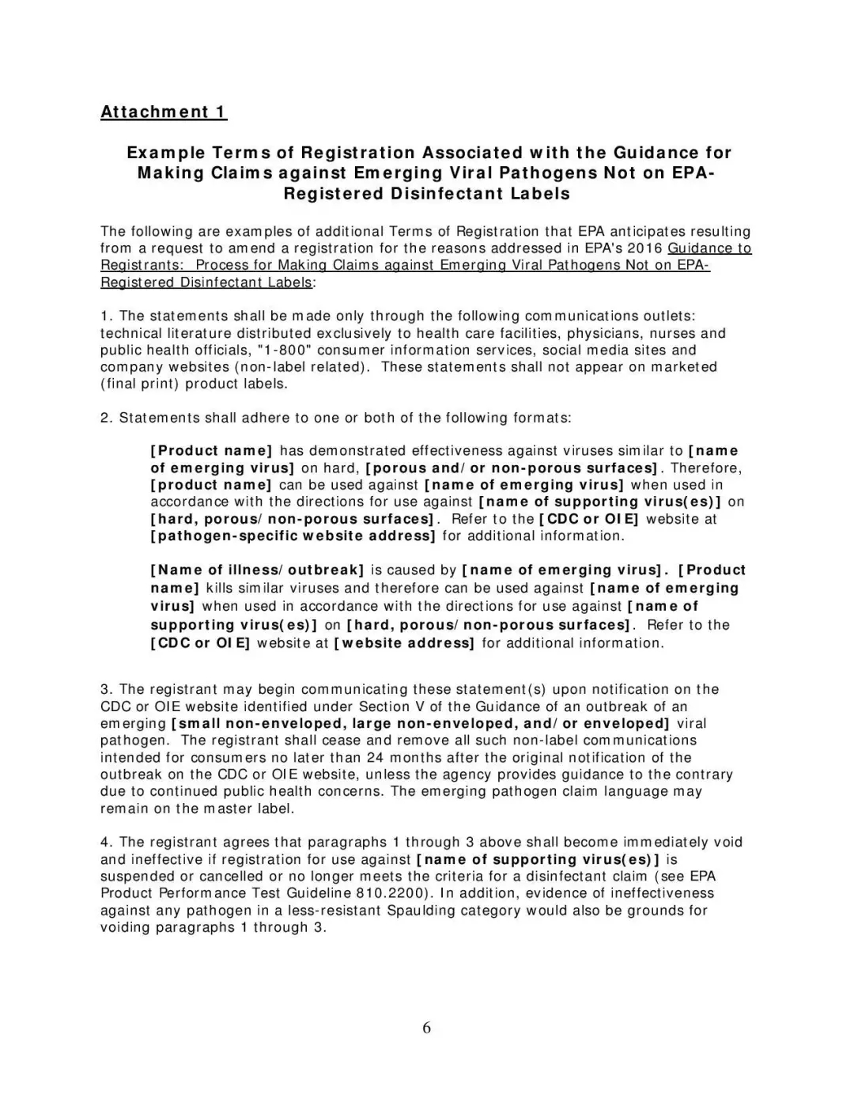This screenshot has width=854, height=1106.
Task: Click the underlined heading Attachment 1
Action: pyautogui.click(x=164, y=112)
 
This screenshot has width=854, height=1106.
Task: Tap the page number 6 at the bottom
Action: pyautogui.click(x=427, y=1028)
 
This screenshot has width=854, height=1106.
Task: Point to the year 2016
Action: pyautogui.click(x=645, y=248)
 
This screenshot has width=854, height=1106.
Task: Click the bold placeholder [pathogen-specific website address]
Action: pyautogui.click(x=293, y=536)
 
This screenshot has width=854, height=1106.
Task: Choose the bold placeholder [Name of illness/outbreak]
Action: pyautogui.click(x=257, y=570)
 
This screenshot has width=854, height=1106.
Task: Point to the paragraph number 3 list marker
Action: pyautogui.click(x=106, y=689)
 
